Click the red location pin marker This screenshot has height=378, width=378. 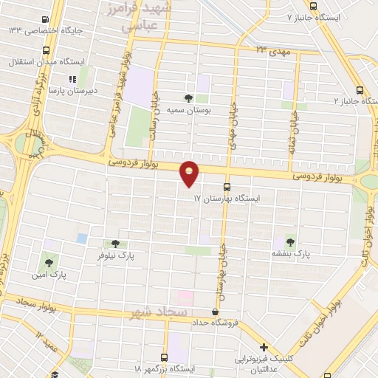[190, 173]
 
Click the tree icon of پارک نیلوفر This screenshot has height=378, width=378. [114, 244]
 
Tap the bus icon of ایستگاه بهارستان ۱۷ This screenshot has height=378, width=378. [227, 186]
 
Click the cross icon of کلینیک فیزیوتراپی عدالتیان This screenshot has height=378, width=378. [264, 348]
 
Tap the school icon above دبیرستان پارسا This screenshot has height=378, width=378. [72, 79]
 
